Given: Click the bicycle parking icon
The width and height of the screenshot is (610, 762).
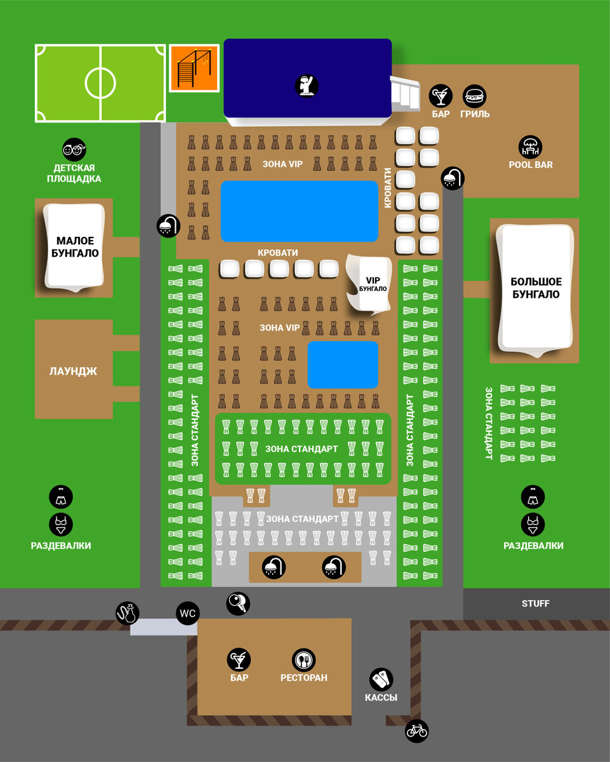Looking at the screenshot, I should pyautogui.click(x=417, y=730).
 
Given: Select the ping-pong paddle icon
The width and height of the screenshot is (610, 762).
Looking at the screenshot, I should pyautogui.click(x=238, y=603).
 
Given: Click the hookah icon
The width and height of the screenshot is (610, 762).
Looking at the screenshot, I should pyautogui.click(x=127, y=613).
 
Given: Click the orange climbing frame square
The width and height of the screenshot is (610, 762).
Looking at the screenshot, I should pyautogui.click(x=194, y=68).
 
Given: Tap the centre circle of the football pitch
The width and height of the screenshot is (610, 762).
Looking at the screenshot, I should pyautogui.click(x=100, y=83).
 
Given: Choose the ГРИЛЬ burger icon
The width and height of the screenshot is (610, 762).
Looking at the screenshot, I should pyautogui.click(x=474, y=97).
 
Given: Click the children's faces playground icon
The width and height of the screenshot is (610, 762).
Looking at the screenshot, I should pyautogui.click(x=74, y=150).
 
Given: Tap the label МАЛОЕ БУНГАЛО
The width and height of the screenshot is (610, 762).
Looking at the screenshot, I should pyautogui.click(x=75, y=246).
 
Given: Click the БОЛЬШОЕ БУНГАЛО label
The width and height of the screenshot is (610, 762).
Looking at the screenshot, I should pyautogui.click(x=536, y=288).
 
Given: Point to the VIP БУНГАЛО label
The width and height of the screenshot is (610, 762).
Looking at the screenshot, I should pyautogui.click(x=373, y=284).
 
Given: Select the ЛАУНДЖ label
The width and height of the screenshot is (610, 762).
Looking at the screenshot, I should pyautogui.click(x=73, y=371).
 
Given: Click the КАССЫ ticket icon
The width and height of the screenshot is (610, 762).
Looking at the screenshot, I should pyautogui.click(x=381, y=679).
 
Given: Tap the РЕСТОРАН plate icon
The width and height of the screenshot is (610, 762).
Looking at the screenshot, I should pyautogui.click(x=303, y=660).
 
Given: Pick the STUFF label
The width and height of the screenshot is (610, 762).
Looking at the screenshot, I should pyautogui.click(x=535, y=604).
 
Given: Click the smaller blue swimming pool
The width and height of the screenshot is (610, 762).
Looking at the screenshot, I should pyautogui.click(x=343, y=364).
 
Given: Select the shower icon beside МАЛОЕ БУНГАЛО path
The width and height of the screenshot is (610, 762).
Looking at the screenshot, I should pyautogui.click(x=168, y=225).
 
